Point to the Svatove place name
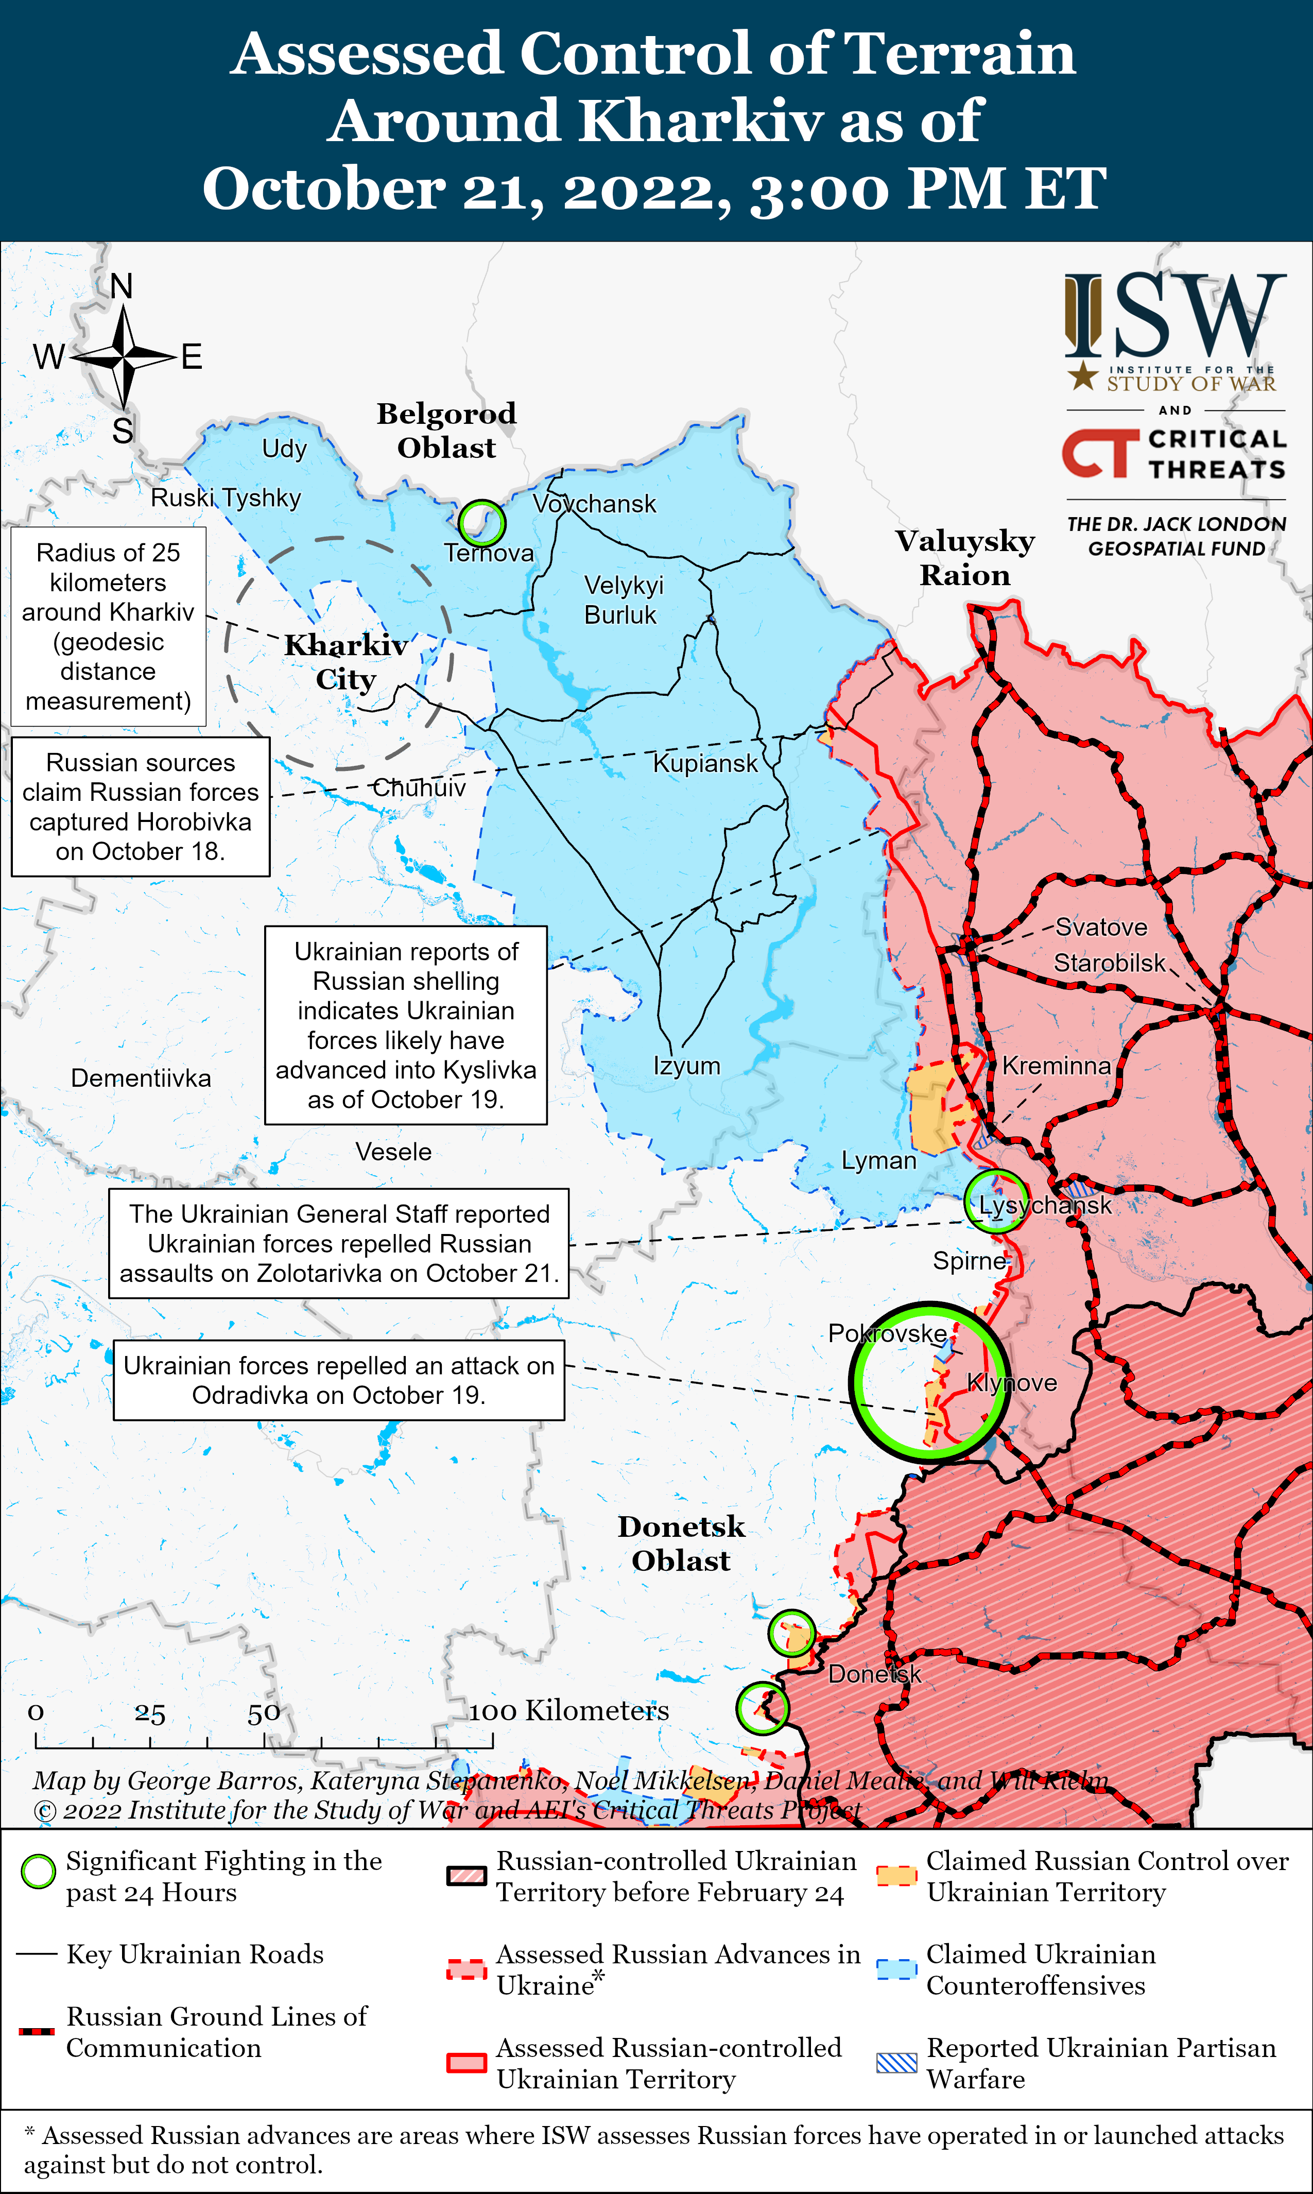(x=1101, y=928)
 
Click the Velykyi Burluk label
(x=623, y=600)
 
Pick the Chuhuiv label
(x=419, y=787)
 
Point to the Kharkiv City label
(x=346, y=662)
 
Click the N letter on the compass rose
(x=122, y=286)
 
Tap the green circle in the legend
(x=38, y=1872)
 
